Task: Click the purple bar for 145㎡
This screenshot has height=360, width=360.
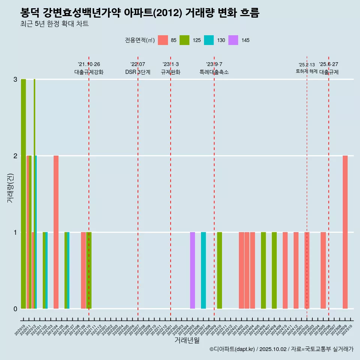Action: (x=192, y=270)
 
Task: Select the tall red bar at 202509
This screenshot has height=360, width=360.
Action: (x=345, y=232)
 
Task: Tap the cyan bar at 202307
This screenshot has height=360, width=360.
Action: (x=203, y=270)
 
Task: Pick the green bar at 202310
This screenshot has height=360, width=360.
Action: (x=219, y=270)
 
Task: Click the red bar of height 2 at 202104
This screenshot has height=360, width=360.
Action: (x=56, y=232)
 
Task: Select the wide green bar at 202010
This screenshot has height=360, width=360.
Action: (x=23, y=193)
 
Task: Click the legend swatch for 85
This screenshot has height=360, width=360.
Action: (x=163, y=40)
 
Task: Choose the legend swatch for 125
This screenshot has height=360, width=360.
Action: (x=184, y=40)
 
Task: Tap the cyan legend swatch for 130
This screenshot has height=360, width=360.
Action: (x=209, y=40)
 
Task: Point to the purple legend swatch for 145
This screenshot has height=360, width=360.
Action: (x=233, y=40)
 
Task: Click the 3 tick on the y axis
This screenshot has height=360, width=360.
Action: (x=15, y=79)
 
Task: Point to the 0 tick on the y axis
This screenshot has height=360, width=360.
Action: (x=15, y=309)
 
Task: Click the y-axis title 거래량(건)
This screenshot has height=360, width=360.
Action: (x=10, y=188)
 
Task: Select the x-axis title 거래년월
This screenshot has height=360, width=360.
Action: (x=187, y=340)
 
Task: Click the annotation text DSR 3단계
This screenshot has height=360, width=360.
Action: (x=138, y=72)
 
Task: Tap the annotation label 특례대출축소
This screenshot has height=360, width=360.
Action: (x=214, y=72)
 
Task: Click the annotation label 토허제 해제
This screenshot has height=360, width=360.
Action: (x=306, y=71)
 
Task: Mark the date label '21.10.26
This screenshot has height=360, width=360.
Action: (x=89, y=64)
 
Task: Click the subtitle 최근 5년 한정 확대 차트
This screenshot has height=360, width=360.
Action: (x=54, y=24)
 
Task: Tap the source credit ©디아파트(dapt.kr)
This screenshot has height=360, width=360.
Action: (x=232, y=349)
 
